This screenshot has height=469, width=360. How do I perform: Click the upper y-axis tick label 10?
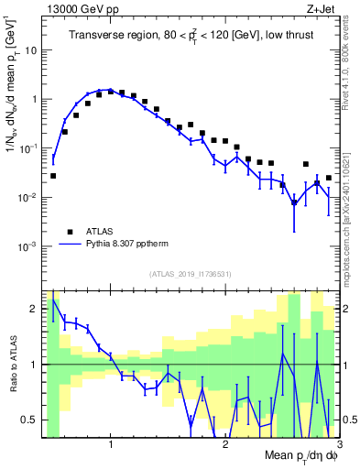pyautogui.click(x=30, y=50)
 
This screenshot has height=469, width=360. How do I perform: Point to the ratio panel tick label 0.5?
pyautogui.click(x=28, y=420)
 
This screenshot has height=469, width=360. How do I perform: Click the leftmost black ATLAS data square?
pyautogui.click(x=53, y=175)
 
